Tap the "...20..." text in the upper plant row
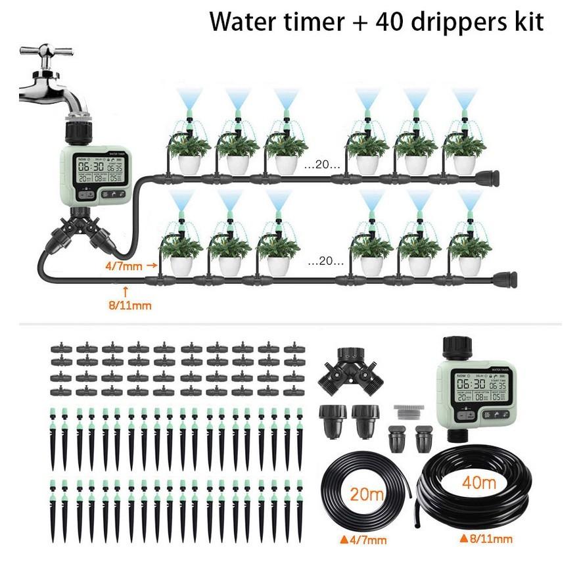point(322,165)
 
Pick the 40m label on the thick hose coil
point(479,483)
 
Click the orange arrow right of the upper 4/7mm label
point(152,266)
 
